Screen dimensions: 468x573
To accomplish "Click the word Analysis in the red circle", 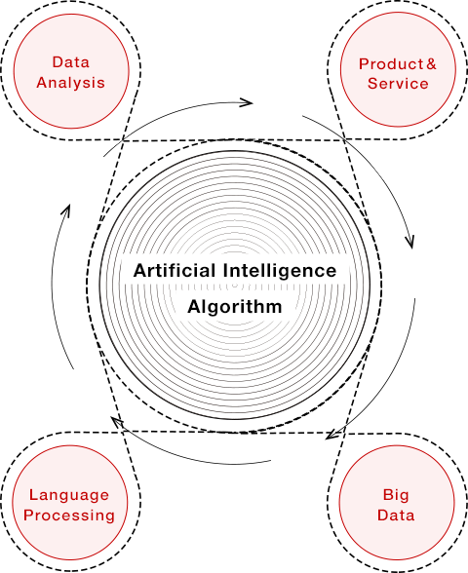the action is click(x=70, y=83).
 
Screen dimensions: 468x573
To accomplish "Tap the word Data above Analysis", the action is click(x=71, y=62).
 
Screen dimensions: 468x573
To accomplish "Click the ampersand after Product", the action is click(x=431, y=64).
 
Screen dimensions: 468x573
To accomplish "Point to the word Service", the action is click(x=398, y=84).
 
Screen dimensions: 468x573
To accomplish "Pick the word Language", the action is click(x=69, y=495).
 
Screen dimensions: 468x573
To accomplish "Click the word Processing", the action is click(x=69, y=516).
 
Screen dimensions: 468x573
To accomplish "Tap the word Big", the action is click(x=396, y=495).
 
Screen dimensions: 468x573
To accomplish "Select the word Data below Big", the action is click(x=396, y=516).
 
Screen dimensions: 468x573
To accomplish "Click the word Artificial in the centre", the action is click(x=175, y=271).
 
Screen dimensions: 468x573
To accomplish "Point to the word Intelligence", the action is click(x=280, y=272).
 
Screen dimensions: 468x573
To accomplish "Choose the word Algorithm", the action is click(x=235, y=307).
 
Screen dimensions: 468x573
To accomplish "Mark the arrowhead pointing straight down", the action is click(x=409, y=242).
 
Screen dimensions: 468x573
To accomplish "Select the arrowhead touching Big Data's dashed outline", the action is click(x=332, y=434).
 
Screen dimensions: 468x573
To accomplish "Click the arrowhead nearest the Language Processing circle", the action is click(x=117, y=423).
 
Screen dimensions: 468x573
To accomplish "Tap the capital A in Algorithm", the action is click(x=194, y=306).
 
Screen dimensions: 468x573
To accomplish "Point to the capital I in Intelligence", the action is click(x=225, y=271).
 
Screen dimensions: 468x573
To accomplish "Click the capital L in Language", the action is click(x=33, y=495).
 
